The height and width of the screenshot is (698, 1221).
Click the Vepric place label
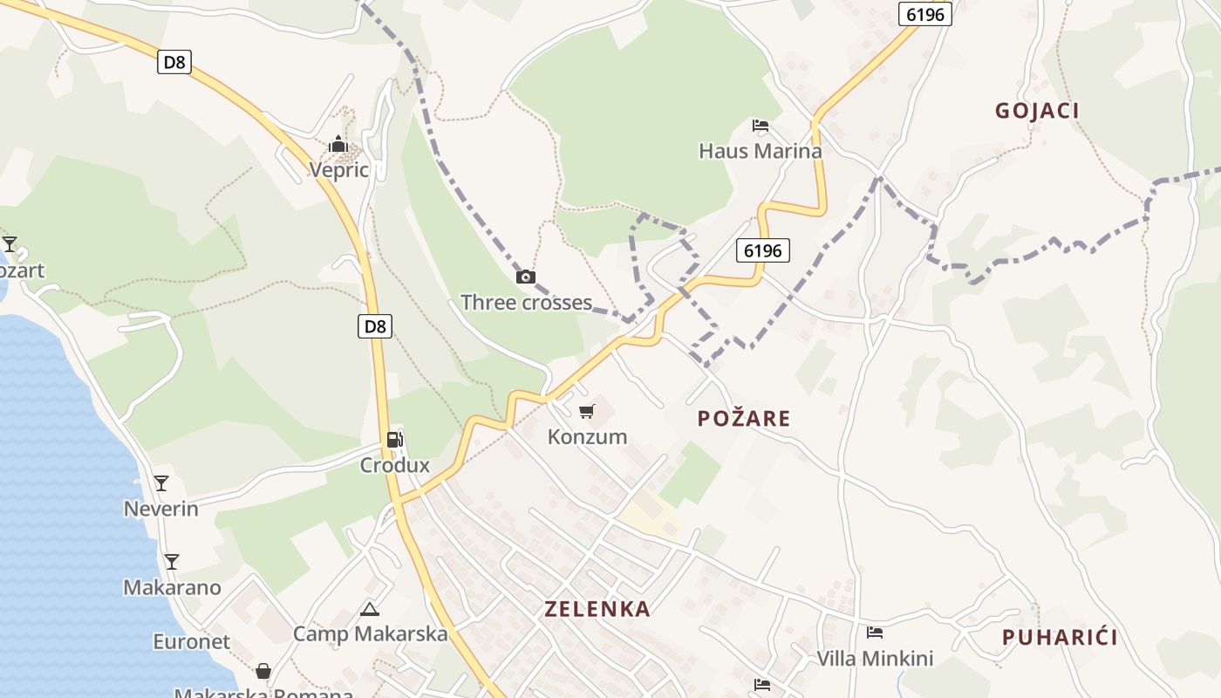pos(339,170)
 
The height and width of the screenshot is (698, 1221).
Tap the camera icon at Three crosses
pos(526,277)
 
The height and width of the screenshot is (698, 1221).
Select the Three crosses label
pos(526,303)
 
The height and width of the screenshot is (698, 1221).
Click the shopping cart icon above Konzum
pos(587,410)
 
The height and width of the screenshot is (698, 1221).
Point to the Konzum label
pos(587,436)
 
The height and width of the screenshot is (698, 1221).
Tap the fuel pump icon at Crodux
pos(395,439)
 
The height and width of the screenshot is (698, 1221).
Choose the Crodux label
pos(395,465)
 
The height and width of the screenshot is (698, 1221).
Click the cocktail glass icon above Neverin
pos(161,482)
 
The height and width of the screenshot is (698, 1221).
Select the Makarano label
pos(172,587)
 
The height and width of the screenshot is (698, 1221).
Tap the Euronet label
pos(192,641)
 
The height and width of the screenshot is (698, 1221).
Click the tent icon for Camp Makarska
pos(370,609)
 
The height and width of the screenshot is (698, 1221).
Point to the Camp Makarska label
pos(370,634)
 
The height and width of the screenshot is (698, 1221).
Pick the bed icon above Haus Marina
pos(761,126)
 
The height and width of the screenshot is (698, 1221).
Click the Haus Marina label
pos(761,151)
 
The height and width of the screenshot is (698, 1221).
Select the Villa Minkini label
pos(875,659)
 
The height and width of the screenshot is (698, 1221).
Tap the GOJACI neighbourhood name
pos(1037,111)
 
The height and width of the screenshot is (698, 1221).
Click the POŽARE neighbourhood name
pos(744,419)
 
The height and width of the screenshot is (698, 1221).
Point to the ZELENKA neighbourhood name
pos(597,609)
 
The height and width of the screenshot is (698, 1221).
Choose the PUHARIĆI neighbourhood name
pos(1060,637)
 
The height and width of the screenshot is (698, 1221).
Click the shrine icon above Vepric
pos(338,144)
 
